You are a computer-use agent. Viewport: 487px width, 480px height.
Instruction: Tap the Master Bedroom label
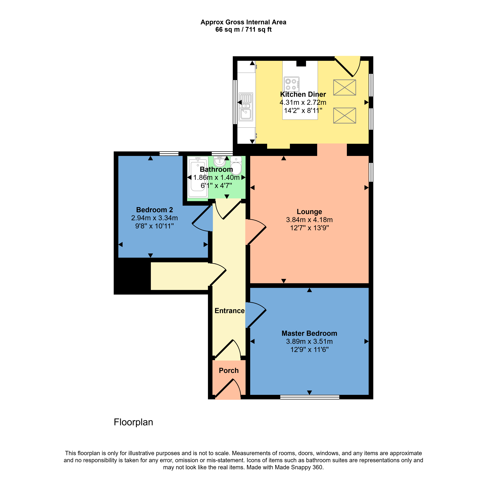click(x=309, y=333)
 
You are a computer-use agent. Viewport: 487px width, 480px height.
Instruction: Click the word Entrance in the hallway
click(x=229, y=311)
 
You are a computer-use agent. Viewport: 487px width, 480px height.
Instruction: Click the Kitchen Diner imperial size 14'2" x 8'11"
click(x=303, y=110)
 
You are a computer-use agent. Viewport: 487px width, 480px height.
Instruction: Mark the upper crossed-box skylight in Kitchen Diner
click(x=344, y=87)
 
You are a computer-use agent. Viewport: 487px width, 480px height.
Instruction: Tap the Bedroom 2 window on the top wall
click(x=169, y=153)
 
